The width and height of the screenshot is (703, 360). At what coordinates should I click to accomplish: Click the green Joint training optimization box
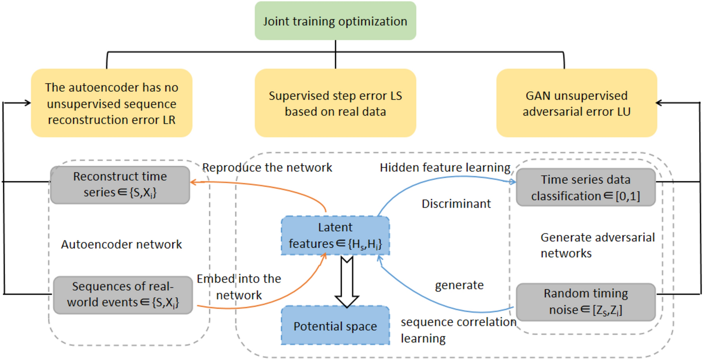click(335, 21)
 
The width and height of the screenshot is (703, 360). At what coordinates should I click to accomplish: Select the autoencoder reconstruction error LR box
click(112, 103)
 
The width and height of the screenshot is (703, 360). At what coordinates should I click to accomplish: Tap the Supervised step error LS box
click(335, 103)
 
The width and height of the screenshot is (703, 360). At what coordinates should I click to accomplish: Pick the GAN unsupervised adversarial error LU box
click(576, 103)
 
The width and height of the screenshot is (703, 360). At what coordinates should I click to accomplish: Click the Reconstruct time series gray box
click(120, 185)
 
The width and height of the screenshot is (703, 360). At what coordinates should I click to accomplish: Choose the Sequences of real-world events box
click(123, 295)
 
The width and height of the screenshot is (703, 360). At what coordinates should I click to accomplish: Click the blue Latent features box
click(335, 235)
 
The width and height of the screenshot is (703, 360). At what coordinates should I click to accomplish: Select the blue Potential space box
click(335, 325)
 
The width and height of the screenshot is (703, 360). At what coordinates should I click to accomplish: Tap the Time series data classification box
click(585, 187)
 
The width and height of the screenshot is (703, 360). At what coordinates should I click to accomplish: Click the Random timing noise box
click(585, 302)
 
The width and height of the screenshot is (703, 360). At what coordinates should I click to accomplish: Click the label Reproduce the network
click(267, 167)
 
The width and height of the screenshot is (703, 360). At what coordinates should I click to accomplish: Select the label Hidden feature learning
click(445, 167)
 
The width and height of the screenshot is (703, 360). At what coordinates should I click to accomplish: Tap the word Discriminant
click(456, 204)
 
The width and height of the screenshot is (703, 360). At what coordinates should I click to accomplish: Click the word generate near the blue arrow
click(459, 285)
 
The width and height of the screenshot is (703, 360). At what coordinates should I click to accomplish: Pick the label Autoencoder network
click(121, 244)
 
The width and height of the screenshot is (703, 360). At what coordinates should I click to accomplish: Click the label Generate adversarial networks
click(597, 245)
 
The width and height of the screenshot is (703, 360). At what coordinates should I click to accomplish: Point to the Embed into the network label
click(239, 287)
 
